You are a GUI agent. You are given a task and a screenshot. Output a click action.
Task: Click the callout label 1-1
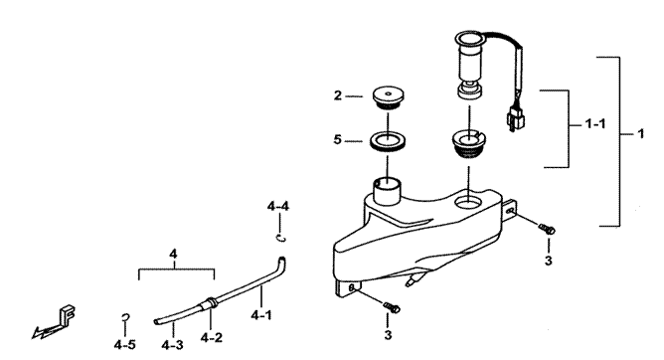(x=595, y=124)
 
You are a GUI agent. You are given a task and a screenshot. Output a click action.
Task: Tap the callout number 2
(x=338, y=95)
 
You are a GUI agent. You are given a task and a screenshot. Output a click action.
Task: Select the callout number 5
(x=337, y=139)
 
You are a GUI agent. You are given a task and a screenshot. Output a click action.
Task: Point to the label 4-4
(x=278, y=206)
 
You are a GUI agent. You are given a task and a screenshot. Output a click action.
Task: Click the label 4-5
(x=124, y=345)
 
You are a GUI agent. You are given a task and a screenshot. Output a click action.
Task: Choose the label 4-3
(x=172, y=345)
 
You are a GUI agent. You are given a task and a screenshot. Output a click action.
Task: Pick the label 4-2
(x=212, y=337)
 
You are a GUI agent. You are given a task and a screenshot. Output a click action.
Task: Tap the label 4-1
(x=261, y=315)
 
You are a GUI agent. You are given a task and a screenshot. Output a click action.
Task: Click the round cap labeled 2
(x=389, y=97)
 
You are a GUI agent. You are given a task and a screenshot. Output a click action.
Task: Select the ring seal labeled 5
(x=387, y=141)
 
